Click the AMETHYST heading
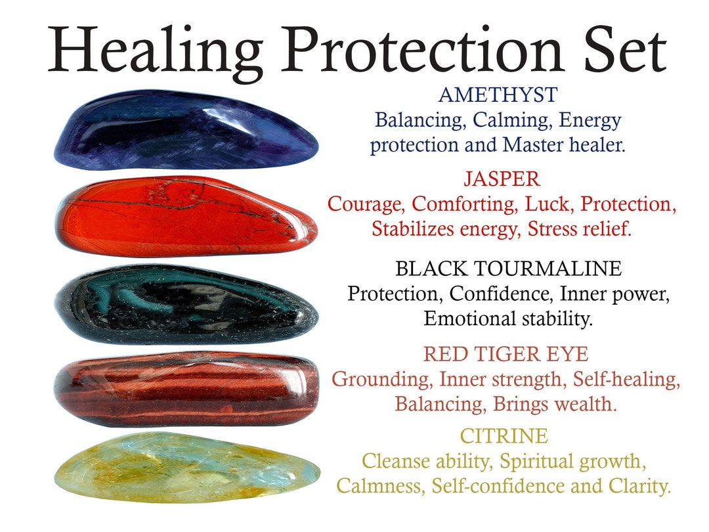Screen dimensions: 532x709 [x=497, y=95]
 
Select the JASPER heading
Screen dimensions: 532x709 [x=502, y=179]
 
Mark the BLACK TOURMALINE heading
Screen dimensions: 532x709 [x=508, y=269]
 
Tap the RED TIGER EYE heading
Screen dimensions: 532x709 [x=505, y=355]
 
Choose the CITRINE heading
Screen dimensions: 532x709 [x=504, y=436]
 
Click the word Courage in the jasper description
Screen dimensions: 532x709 [x=365, y=205]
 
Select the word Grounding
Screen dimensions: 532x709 [x=382, y=380]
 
